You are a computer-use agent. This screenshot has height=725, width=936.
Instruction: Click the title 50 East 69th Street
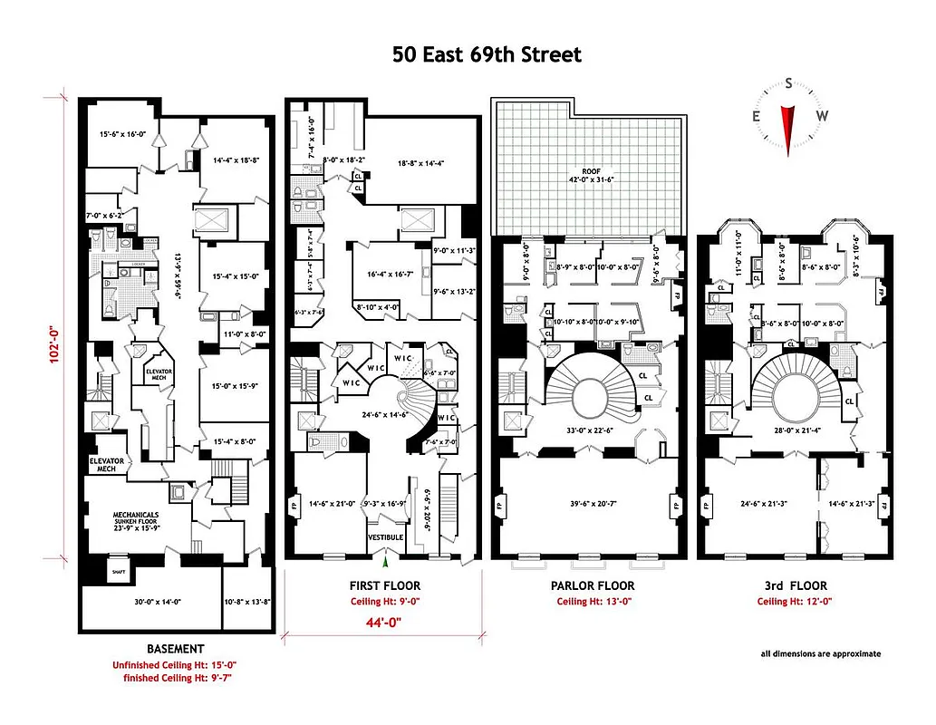[x=487, y=54]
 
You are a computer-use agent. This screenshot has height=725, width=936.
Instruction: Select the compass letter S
[x=789, y=84]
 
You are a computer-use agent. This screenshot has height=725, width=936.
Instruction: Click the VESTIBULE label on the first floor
[x=385, y=537]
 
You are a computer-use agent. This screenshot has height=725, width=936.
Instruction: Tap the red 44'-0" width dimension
[x=383, y=622]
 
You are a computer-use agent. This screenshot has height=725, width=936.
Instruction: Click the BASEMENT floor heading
[x=176, y=649]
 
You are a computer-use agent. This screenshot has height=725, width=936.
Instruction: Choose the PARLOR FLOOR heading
[x=593, y=586]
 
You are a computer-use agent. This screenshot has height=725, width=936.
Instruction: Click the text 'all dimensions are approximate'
[x=820, y=653]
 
